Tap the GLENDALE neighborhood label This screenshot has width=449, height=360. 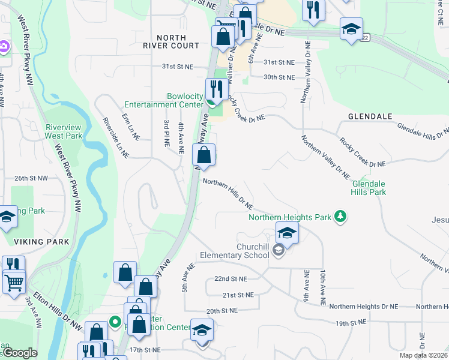tap(369, 116)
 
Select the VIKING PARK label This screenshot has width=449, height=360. tap(43, 241)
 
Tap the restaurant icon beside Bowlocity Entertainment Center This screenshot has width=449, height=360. tap(215, 90)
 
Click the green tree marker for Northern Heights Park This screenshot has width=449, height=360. tap(340, 217)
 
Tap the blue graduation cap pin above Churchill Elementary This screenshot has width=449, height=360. tap(287, 233)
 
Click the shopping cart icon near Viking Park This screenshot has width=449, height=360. tap(14, 281)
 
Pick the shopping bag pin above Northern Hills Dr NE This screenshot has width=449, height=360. tap(204, 155)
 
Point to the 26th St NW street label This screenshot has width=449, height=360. tap(31, 178)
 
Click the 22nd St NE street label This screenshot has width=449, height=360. tap(231, 279)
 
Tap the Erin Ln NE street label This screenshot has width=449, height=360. tap(130, 127)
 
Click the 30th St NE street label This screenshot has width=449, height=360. tap(279, 77)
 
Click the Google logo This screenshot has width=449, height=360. tap(20, 353)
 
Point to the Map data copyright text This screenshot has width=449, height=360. tap(423, 355)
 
